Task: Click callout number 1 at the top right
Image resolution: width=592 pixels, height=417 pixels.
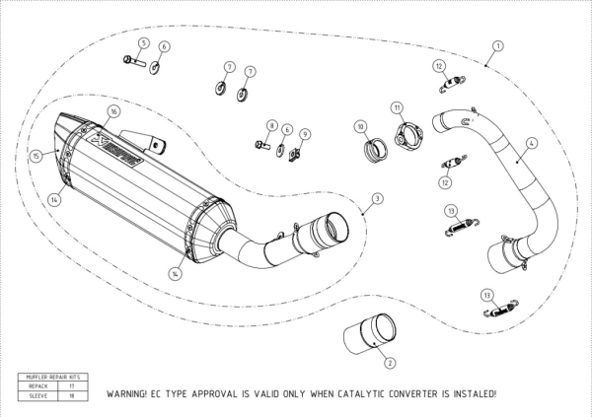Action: point(497,45)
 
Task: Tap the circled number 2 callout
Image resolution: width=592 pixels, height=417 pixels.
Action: point(389,363)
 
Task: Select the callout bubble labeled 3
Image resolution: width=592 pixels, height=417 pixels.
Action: point(376,199)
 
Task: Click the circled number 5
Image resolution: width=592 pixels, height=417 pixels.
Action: point(144,43)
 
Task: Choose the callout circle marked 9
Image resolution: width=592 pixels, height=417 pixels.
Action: point(305,134)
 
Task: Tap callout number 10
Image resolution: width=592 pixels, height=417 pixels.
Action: point(361,127)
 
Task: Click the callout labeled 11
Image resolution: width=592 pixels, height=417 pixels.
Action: point(397,106)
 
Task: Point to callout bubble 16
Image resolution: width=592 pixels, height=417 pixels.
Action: point(113,112)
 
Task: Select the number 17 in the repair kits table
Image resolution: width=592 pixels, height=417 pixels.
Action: point(70,386)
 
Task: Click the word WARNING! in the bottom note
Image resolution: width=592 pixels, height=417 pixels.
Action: point(132,393)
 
